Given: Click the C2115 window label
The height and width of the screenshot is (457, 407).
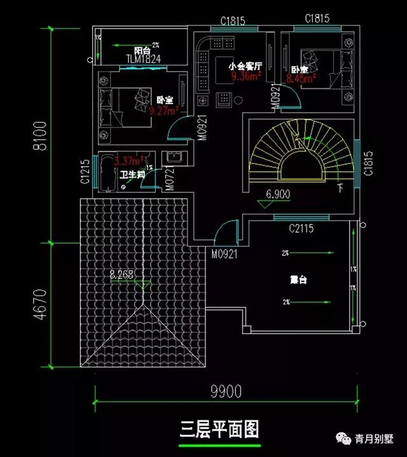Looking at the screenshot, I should (301, 227).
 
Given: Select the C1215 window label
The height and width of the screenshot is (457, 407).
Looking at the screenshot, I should (85, 172).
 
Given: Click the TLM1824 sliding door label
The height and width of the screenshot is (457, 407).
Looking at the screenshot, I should (142, 59).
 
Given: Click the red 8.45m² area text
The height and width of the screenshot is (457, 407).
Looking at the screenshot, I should (301, 80).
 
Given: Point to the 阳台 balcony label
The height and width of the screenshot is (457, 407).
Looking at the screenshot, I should (142, 50).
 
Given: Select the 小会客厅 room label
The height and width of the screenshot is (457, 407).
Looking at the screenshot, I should (242, 66).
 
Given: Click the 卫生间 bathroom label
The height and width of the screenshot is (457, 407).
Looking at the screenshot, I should (132, 174).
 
